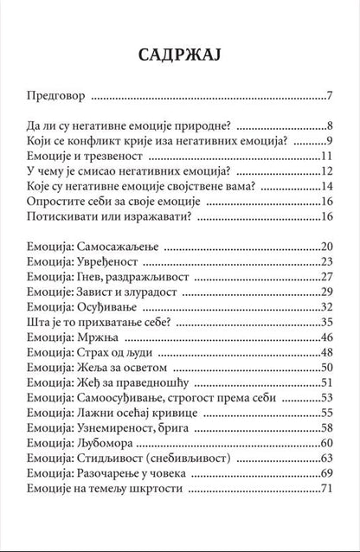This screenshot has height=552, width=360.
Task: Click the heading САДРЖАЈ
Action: [x=179, y=56]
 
